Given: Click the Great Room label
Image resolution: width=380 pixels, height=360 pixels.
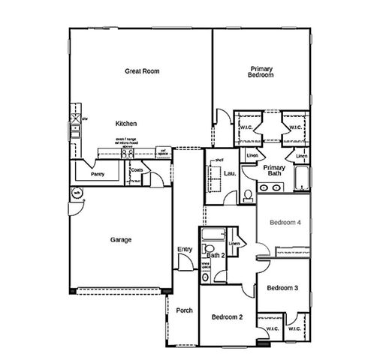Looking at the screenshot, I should tap(142, 71).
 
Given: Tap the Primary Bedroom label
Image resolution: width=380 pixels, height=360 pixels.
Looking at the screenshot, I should tap(261, 72).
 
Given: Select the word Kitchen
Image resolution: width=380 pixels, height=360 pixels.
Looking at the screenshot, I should tap(126, 123).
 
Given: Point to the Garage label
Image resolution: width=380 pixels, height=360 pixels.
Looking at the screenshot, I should tap(121, 240).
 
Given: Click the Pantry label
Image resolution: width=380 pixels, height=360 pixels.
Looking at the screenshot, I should tap(97, 174).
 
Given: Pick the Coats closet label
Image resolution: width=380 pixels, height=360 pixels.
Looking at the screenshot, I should tap(137, 170).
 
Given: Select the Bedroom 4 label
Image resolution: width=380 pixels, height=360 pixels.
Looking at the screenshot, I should tap(285, 223).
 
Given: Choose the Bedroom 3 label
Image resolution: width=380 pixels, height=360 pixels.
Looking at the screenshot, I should tap(282, 288).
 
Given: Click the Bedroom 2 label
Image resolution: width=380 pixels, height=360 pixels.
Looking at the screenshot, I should tap(226, 317).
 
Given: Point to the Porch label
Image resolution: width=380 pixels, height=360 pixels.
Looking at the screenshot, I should tap(184, 310).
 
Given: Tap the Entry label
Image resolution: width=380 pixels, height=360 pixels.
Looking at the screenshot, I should tap(185, 250).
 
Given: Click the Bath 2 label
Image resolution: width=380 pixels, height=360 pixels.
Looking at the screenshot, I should tap(216, 256).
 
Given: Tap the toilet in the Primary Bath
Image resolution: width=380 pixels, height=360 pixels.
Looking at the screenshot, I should tap(248, 196).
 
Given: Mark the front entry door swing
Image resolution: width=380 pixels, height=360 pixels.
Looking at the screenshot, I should tap(182, 262).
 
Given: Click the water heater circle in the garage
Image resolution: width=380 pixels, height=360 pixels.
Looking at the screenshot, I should tap(77, 194).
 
